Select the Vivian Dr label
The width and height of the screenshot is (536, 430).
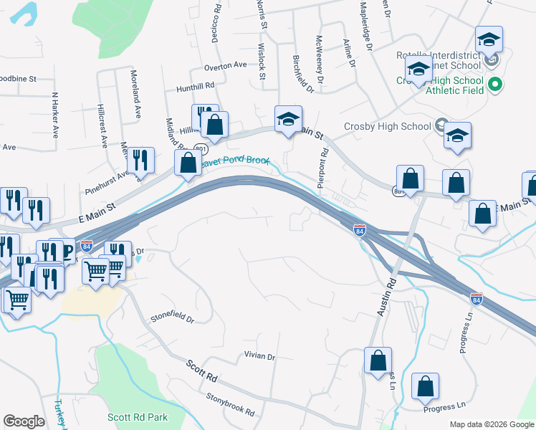(259, 356)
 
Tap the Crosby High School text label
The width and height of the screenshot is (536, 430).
(386, 126)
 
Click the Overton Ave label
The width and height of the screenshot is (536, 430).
(225, 65)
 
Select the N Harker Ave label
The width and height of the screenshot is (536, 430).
(54, 115)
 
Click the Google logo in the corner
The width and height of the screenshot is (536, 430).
(24, 421)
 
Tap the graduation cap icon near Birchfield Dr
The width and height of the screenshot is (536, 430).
(288, 119)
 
